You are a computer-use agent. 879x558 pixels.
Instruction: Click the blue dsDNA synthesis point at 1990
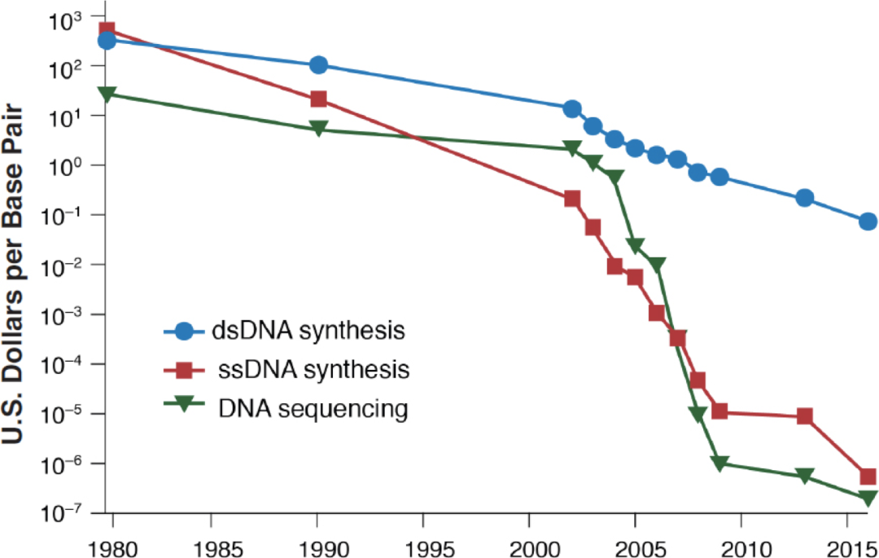coord(318,65)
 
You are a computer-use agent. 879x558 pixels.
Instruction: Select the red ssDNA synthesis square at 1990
coord(318,99)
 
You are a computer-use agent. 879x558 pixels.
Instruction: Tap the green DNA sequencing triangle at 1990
coord(318,129)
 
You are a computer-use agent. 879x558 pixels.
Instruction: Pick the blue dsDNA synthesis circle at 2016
coord(868,222)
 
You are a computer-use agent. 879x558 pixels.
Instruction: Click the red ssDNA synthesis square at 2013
coord(805,416)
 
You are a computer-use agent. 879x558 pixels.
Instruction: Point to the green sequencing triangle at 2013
coord(805,476)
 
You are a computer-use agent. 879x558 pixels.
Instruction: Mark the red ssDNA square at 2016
coord(868,477)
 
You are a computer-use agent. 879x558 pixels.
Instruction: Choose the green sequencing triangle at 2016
coord(868,498)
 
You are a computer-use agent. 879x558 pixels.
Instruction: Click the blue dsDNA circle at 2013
coord(805,198)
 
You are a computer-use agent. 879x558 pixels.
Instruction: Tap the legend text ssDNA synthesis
coord(313,370)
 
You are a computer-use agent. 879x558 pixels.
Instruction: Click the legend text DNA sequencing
coord(313,408)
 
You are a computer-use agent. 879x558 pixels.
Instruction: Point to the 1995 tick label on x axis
coord(422,543)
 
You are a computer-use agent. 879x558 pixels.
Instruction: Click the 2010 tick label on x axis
coord(741,543)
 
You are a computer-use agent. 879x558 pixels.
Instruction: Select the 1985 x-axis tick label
coord(211,543)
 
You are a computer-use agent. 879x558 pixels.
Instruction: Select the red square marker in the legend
coord(184,371)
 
